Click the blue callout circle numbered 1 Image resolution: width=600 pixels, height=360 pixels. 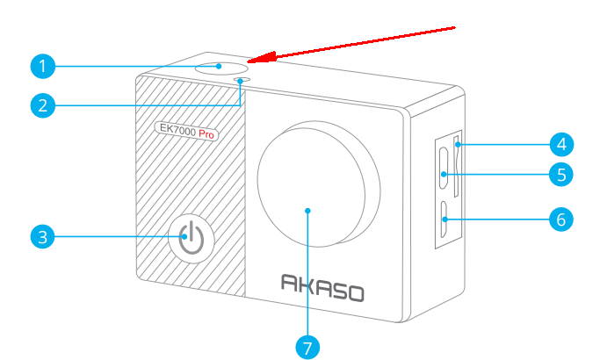click(x=43, y=66)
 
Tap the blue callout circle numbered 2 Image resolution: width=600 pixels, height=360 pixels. click(x=43, y=105)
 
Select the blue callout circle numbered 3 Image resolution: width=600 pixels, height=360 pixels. click(x=43, y=236)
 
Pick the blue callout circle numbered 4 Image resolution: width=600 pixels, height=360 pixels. click(x=561, y=145)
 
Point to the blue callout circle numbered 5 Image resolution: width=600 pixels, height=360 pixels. click(x=561, y=175)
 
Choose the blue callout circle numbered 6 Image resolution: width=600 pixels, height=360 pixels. click(x=561, y=220)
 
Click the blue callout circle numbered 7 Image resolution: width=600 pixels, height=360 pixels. click(x=307, y=348)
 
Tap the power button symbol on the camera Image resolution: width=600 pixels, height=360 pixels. click(x=192, y=239)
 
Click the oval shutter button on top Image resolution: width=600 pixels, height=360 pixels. click(x=221, y=68)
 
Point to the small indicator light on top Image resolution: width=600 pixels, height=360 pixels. click(x=242, y=80)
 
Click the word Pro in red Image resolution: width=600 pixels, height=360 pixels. click(x=206, y=134)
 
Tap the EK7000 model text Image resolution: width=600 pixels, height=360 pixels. click(x=177, y=129)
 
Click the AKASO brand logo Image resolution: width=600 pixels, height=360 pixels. click(x=322, y=288)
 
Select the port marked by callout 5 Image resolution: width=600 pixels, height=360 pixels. click(x=444, y=169)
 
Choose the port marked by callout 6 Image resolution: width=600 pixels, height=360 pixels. click(x=445, y=220)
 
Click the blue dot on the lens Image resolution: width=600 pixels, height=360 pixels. click(x=307, y=211)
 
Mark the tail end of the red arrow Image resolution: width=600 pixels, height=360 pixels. click(x=454, y=27)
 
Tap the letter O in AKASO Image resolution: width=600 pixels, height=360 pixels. click(x=356, y=294)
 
